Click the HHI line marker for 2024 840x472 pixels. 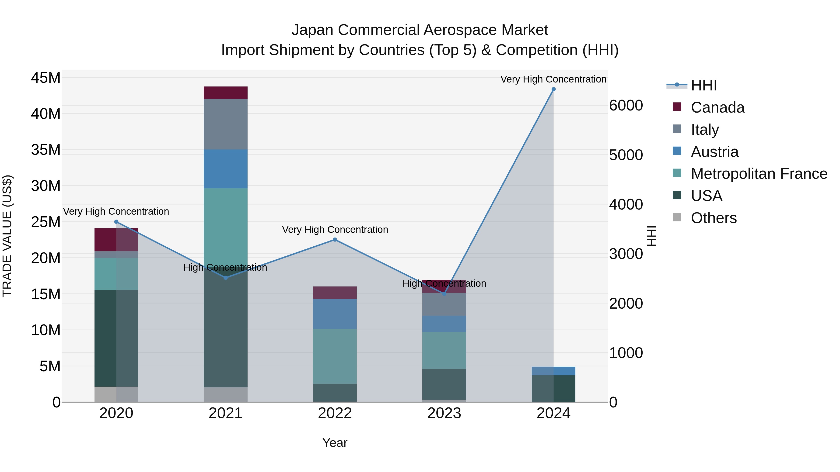pos(553,89)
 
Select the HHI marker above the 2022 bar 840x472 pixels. pos(335,240)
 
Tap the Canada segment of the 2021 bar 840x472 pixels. pos(226,93)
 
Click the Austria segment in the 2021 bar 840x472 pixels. pos(226,169)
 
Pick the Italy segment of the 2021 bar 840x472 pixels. pos(226,124)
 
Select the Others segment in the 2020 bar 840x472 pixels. pos(116,394)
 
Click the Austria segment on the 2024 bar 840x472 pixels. pos(553,371)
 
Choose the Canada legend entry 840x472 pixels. pos(717,107)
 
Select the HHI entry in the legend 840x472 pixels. pos(704,85)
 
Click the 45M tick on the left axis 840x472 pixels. pos(46,78)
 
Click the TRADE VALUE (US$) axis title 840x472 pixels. pos(7,236)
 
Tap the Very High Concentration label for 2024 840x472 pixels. pos(553,79)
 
